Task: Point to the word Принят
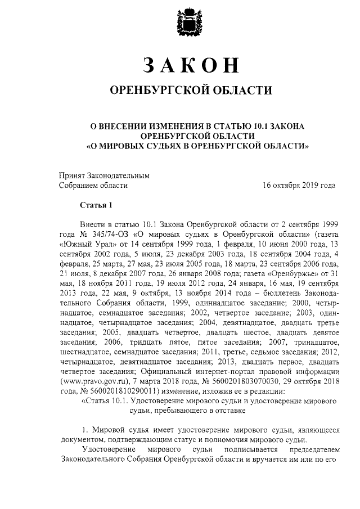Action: (73, 175)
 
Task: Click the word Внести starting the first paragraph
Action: (94, 223)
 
